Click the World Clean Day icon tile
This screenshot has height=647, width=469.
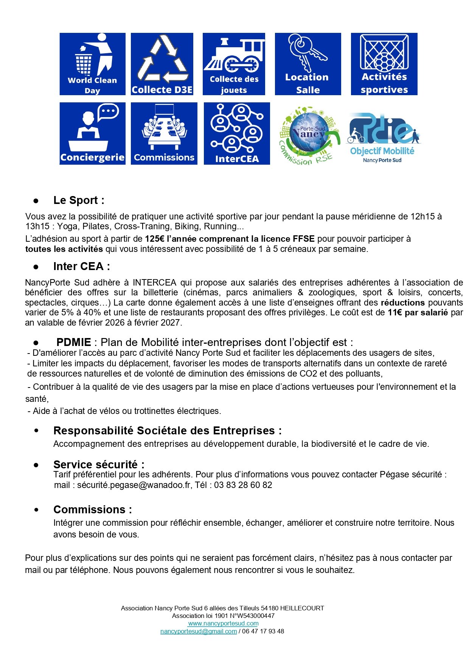[x=92, y=64]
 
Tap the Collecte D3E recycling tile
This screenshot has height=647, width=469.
[x=162, y=64]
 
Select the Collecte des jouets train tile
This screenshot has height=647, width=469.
[x=234, y=64]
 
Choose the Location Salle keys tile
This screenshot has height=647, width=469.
[x=307, y=64]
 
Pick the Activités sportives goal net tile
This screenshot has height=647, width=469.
[x=384, y=64]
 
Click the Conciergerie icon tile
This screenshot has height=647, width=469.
[x=92, y=133]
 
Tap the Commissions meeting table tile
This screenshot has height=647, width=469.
[x=164, y=133]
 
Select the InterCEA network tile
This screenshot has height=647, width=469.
[x=237, y=133]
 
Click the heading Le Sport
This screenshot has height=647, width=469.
[x=79, y=200]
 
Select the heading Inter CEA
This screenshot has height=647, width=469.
[x=81, y=266]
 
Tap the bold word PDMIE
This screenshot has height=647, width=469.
[x=74, y=342]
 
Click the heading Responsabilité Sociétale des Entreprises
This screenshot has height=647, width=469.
[x=167, y=431]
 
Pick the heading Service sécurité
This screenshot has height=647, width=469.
[x=99, y=464]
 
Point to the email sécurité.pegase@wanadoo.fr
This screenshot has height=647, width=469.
[x=134, y=485]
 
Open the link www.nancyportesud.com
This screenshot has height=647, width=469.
[x=223, y=623]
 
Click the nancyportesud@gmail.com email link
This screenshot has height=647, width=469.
[x=199, y=631]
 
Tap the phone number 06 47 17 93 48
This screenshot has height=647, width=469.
[x=263, y=631]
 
